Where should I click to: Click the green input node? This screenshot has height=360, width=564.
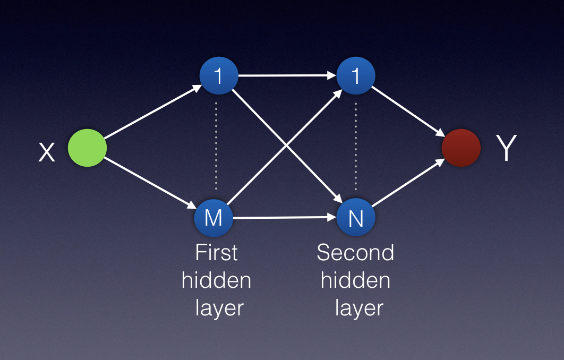87,148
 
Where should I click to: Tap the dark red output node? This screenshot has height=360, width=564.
461,148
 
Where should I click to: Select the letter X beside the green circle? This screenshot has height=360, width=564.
47,153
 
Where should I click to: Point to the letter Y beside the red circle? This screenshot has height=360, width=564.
506,149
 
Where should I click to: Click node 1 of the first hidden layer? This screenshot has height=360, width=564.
218,75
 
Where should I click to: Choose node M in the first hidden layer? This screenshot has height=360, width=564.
213,218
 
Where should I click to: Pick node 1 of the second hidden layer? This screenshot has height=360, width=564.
356,75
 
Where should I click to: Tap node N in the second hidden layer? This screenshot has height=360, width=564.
356,218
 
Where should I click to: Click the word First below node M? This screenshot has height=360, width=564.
216,252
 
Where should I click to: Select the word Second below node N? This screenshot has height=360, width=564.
355,252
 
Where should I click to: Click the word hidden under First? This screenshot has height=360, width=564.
216,280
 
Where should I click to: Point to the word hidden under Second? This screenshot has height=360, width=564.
355,280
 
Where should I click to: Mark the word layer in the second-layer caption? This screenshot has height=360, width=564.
358,308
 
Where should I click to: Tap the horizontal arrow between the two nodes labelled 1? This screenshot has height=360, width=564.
287,75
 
